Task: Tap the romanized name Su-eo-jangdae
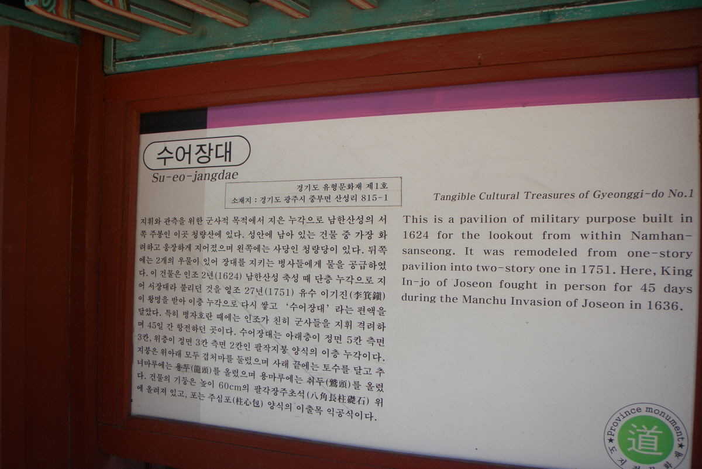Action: point(195,176)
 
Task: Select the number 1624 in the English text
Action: point(415,235)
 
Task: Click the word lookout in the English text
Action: point(511,235)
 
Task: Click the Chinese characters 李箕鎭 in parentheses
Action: point(367,296)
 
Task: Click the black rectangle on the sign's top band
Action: point(173,121)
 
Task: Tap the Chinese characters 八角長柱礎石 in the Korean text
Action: point(339,397)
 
